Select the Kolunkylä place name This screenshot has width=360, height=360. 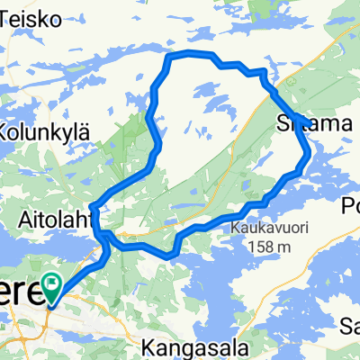tap(43, 131)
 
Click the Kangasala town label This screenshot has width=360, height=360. tap(186, 344)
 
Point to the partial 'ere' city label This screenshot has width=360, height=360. tap(20, 292)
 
